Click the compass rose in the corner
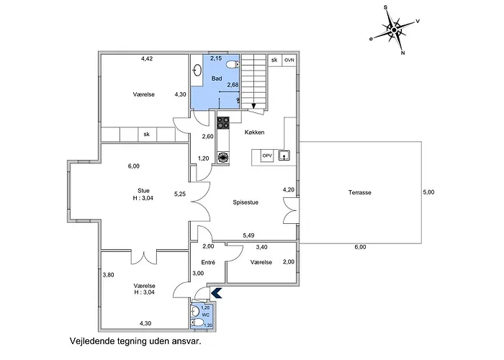click(395, 30)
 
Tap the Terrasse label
click(360, 192)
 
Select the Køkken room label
click(254, 132)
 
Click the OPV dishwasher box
click(267, 156)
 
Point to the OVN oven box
click(289, 60)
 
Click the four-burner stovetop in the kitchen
click(223, 122)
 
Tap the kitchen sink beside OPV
click(284, 156)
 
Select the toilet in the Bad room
click(233, 65)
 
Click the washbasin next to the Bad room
click(198, 71)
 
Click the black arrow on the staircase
click(253, 105)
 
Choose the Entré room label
click(208, 262)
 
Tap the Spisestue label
click(246, 202)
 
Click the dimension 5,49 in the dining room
click(248, 235)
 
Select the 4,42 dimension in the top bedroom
click(147, 58)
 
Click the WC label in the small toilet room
click(206, 315)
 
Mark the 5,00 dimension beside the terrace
click(428, 192)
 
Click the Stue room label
click(143, 191)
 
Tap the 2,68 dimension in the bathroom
click(233, 85)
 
